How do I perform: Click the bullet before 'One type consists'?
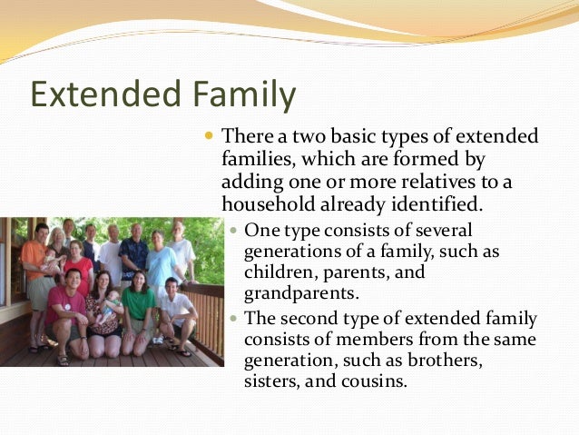coord(234,230)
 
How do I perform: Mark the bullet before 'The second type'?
coord(234,318)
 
